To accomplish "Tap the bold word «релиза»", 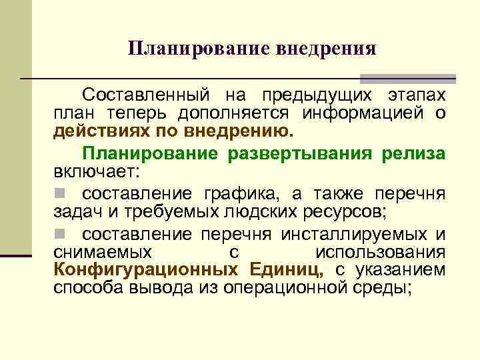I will tap(414, 153).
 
